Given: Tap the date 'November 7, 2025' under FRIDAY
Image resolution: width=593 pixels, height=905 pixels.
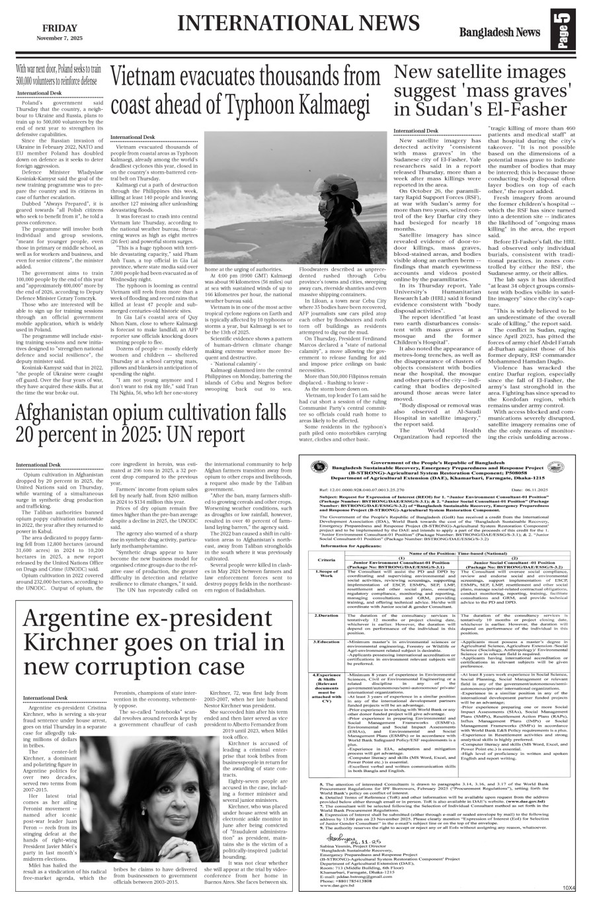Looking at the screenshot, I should point(60,39).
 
